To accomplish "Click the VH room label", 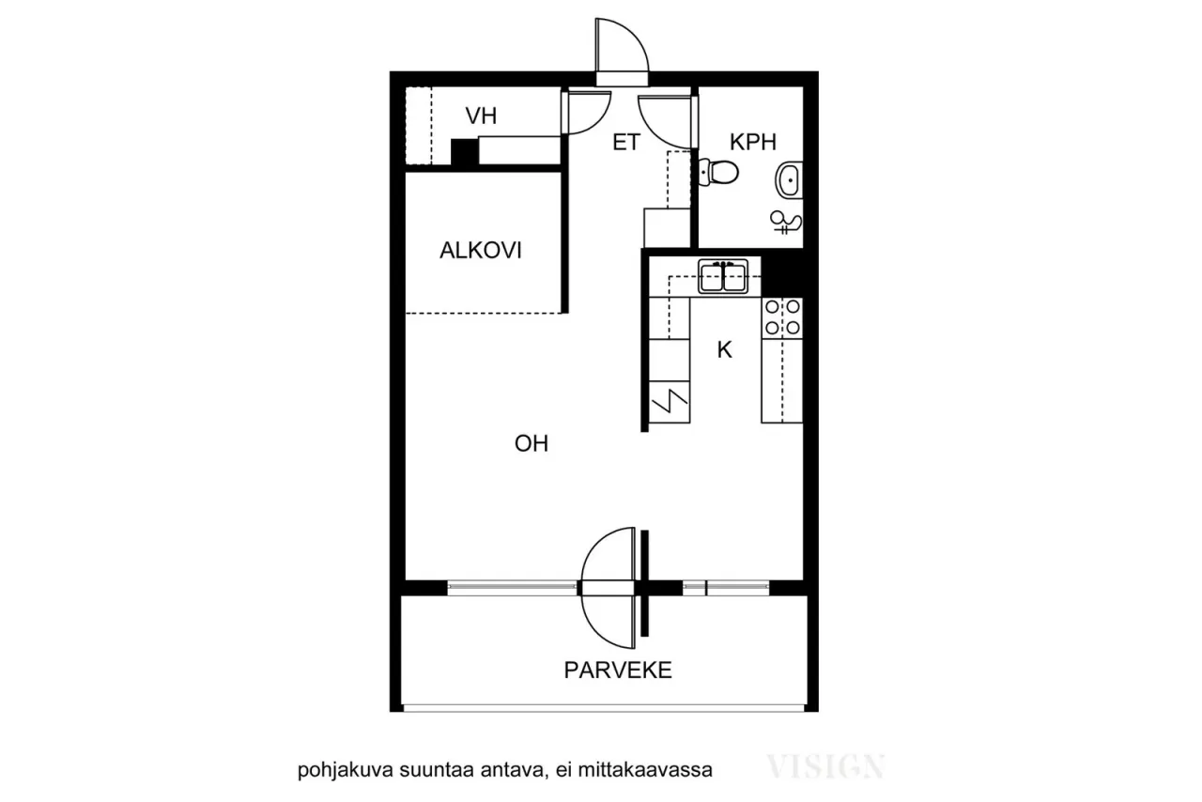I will (x=482, y=116).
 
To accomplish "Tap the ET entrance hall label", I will (x=626, y=143).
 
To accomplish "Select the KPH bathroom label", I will (x=753, y=143).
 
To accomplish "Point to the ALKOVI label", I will (x=481, y=251).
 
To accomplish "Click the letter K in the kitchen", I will (x=724, y=350).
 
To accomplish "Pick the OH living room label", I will (x=532, y=444).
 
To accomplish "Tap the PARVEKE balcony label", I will (x=618, y=671).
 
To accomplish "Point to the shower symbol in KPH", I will (x=786, y=223).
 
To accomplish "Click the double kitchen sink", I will (x=722, y=278).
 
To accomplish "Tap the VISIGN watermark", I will (x=825, y=767).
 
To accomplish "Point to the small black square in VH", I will (x=464, y=153).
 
